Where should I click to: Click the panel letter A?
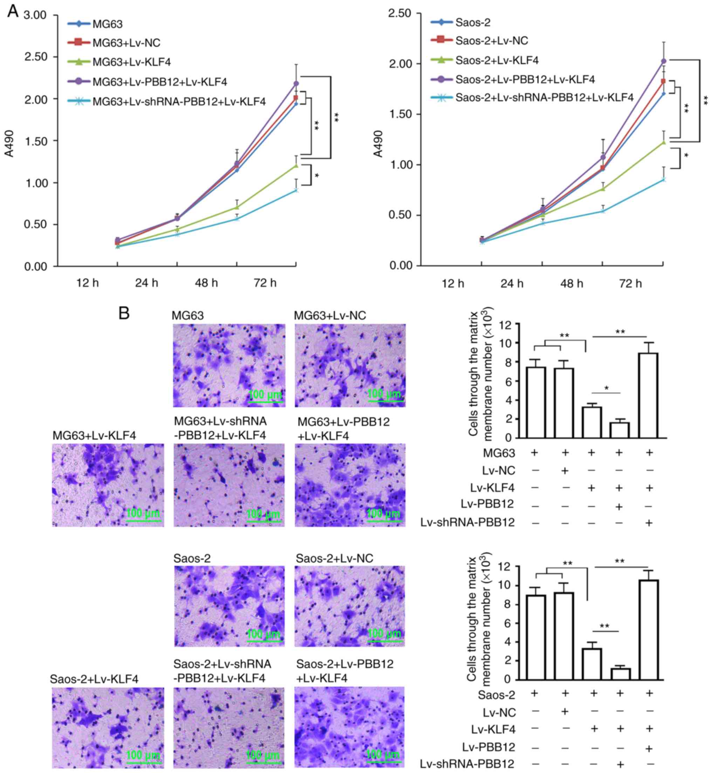tap(13, 11)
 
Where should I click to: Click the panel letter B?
tap(124, 313)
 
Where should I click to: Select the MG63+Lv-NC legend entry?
tap(126, 42)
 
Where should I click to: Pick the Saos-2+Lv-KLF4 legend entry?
tap(497, 60)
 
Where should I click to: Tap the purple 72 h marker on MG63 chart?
tap(296, 83)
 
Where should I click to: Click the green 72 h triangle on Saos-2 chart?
tap(663, 142)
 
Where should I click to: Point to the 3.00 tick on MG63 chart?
tap(35, 15)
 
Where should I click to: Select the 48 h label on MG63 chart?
tap(206, 283)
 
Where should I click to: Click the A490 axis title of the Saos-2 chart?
tap(379, 144)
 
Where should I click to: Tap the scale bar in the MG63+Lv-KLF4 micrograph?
tap(143, 521)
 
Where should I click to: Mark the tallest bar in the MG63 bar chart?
tap(649, 395)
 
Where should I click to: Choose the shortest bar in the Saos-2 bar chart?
tap(620, 674)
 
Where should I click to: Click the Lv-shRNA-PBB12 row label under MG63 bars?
tap(467, 523)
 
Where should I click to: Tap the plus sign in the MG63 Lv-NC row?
tap(565, 471)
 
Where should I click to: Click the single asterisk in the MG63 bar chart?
tap(607, 388)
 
